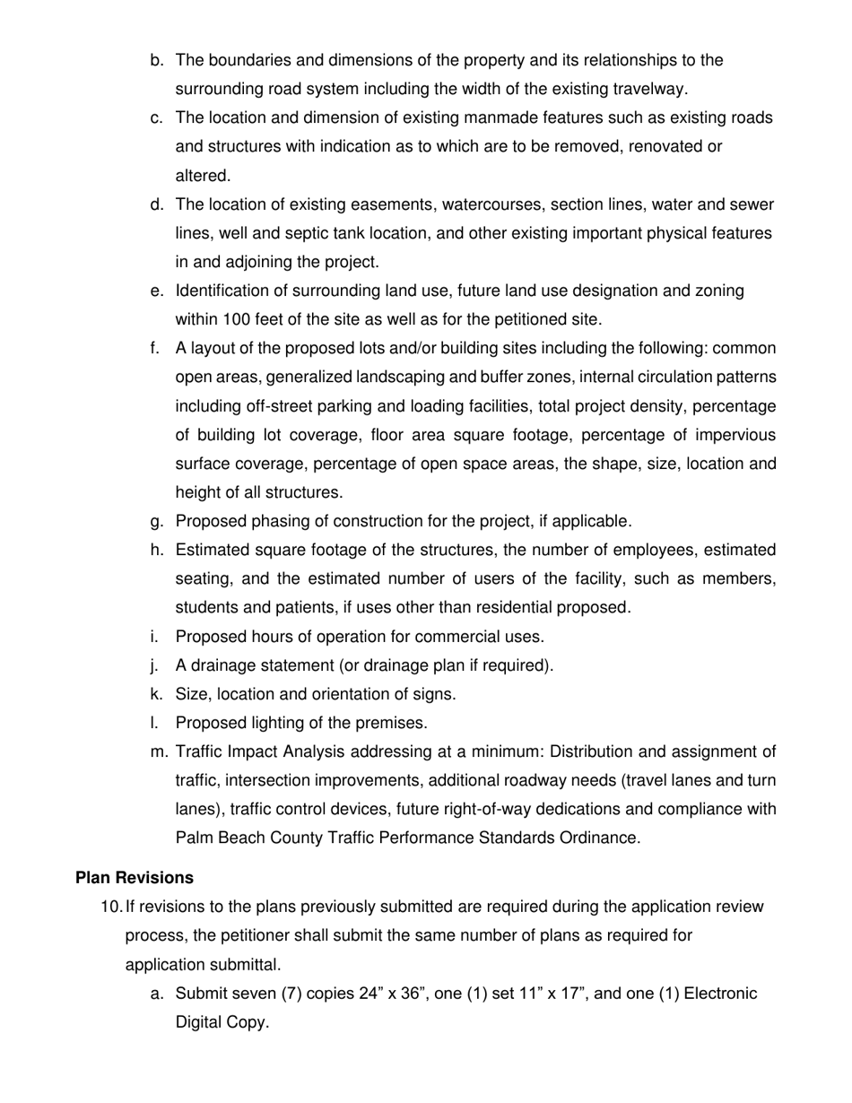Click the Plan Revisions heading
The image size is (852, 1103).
135,877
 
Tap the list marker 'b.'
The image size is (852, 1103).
157,60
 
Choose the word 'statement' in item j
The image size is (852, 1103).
286,665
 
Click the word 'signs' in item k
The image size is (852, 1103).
434,694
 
